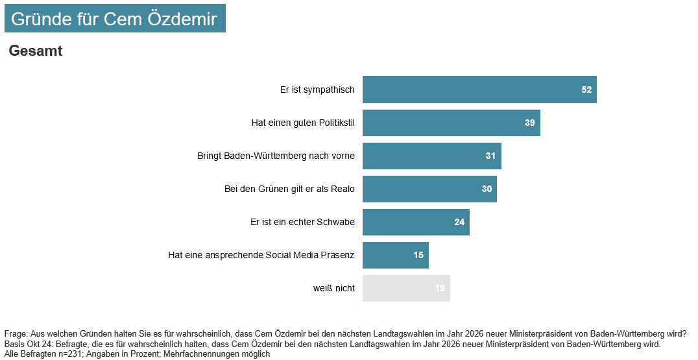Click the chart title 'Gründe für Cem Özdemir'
(x=114, y=19)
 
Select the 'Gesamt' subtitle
(x=36, y=51)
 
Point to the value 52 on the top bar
(x=586, y=90)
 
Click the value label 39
(x=530, y=123)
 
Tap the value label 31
(x=490, y=156)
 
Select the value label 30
(x=487, y=189)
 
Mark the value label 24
(x=459, y=222)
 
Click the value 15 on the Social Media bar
(x=418, y=255)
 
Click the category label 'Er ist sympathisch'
(x=317, y=90)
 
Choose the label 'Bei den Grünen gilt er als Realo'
(x=285, y=189)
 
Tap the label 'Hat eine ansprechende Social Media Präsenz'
(x=261, y=255)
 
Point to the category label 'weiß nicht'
(x=333, y=288)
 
